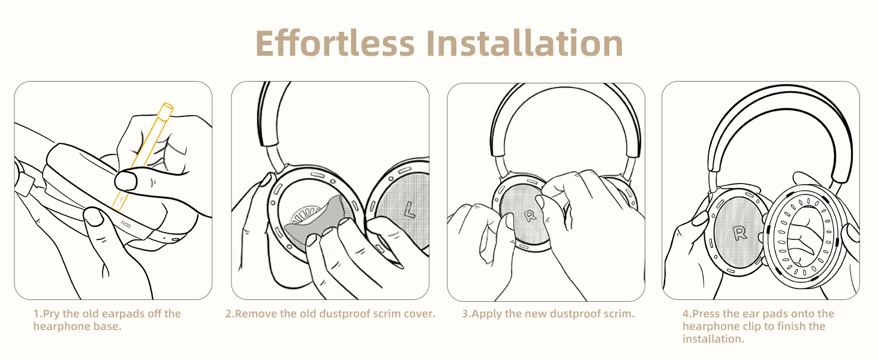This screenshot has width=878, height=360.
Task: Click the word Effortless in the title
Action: pos(335,43)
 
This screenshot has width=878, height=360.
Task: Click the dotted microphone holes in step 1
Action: pos(127,224)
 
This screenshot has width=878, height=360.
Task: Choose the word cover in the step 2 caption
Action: pos(419,314)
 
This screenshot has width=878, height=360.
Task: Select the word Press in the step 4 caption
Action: pos(707,314)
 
